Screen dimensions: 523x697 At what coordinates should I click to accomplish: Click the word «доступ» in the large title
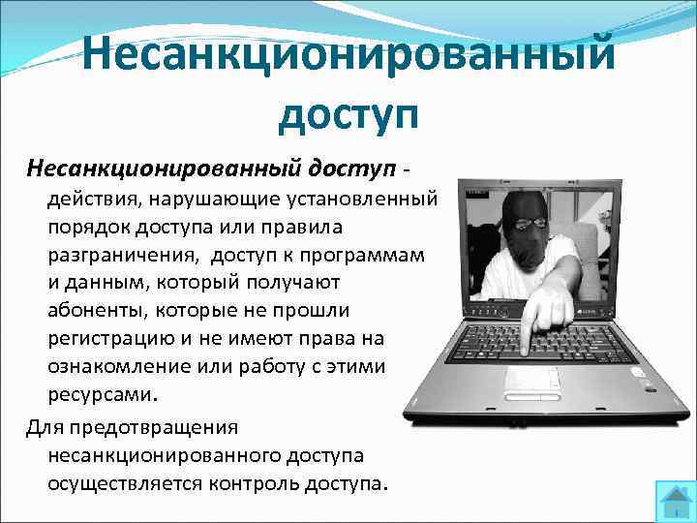point(348,113)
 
